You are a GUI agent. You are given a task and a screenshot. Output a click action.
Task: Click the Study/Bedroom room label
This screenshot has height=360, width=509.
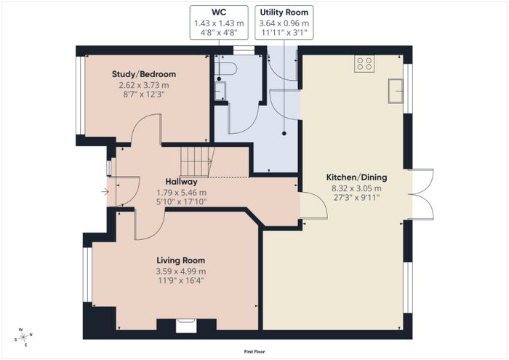click(144, 74)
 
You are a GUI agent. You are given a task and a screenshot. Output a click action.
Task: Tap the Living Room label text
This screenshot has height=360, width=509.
click(181, 260)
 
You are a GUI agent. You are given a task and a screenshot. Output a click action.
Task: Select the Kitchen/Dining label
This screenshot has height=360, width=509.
click(356, 177)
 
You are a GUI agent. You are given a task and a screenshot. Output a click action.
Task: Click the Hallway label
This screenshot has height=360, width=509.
click(181, 182)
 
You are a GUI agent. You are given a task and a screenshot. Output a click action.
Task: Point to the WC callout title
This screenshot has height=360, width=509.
click(219, 12)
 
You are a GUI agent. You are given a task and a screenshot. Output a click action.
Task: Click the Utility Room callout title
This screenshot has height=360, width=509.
click(284, 12)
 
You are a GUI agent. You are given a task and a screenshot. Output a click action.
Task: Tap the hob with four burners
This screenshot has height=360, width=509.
click(364, 63)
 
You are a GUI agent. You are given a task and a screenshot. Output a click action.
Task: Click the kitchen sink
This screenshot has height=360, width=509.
click(396, 91)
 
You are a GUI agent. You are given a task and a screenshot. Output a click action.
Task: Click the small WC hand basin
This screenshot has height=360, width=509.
click(220, 91)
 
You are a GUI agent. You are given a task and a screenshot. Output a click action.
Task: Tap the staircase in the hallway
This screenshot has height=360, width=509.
click(197, 161)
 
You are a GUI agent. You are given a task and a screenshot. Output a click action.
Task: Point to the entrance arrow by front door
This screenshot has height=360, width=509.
click(105, 192)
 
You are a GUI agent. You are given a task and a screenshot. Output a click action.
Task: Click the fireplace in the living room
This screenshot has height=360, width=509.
click(186, 326)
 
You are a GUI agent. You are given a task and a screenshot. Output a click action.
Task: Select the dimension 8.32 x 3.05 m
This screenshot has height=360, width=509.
click(356, 188)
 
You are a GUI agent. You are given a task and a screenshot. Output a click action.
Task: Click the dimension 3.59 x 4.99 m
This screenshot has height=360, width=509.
click(181, 271)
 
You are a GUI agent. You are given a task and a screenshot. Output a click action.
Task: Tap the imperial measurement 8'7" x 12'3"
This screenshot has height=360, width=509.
click(144, 95)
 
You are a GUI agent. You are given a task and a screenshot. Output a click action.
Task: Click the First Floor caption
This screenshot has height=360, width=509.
click(254, 351)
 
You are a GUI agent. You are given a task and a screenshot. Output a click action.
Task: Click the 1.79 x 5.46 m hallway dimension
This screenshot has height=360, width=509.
click(182, 193)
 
